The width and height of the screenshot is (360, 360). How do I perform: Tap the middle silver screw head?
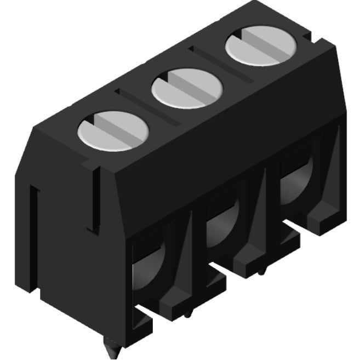coord(188,89)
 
